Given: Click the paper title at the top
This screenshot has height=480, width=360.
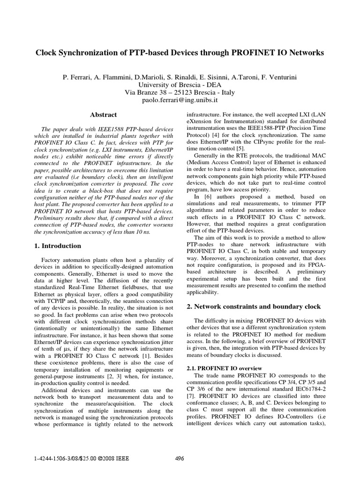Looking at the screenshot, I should click(180, 53).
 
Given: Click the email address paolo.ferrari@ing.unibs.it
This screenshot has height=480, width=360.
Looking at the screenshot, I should click(180, 100).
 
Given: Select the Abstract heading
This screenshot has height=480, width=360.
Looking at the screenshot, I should click(103, 114).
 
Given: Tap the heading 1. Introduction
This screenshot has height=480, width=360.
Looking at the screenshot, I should click(59, 246).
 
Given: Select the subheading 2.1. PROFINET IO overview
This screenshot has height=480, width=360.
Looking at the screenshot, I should click(220, 368).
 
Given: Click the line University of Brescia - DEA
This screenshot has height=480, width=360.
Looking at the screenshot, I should click(180, 84).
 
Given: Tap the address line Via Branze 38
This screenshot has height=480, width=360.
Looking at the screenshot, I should click(180, 92).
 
